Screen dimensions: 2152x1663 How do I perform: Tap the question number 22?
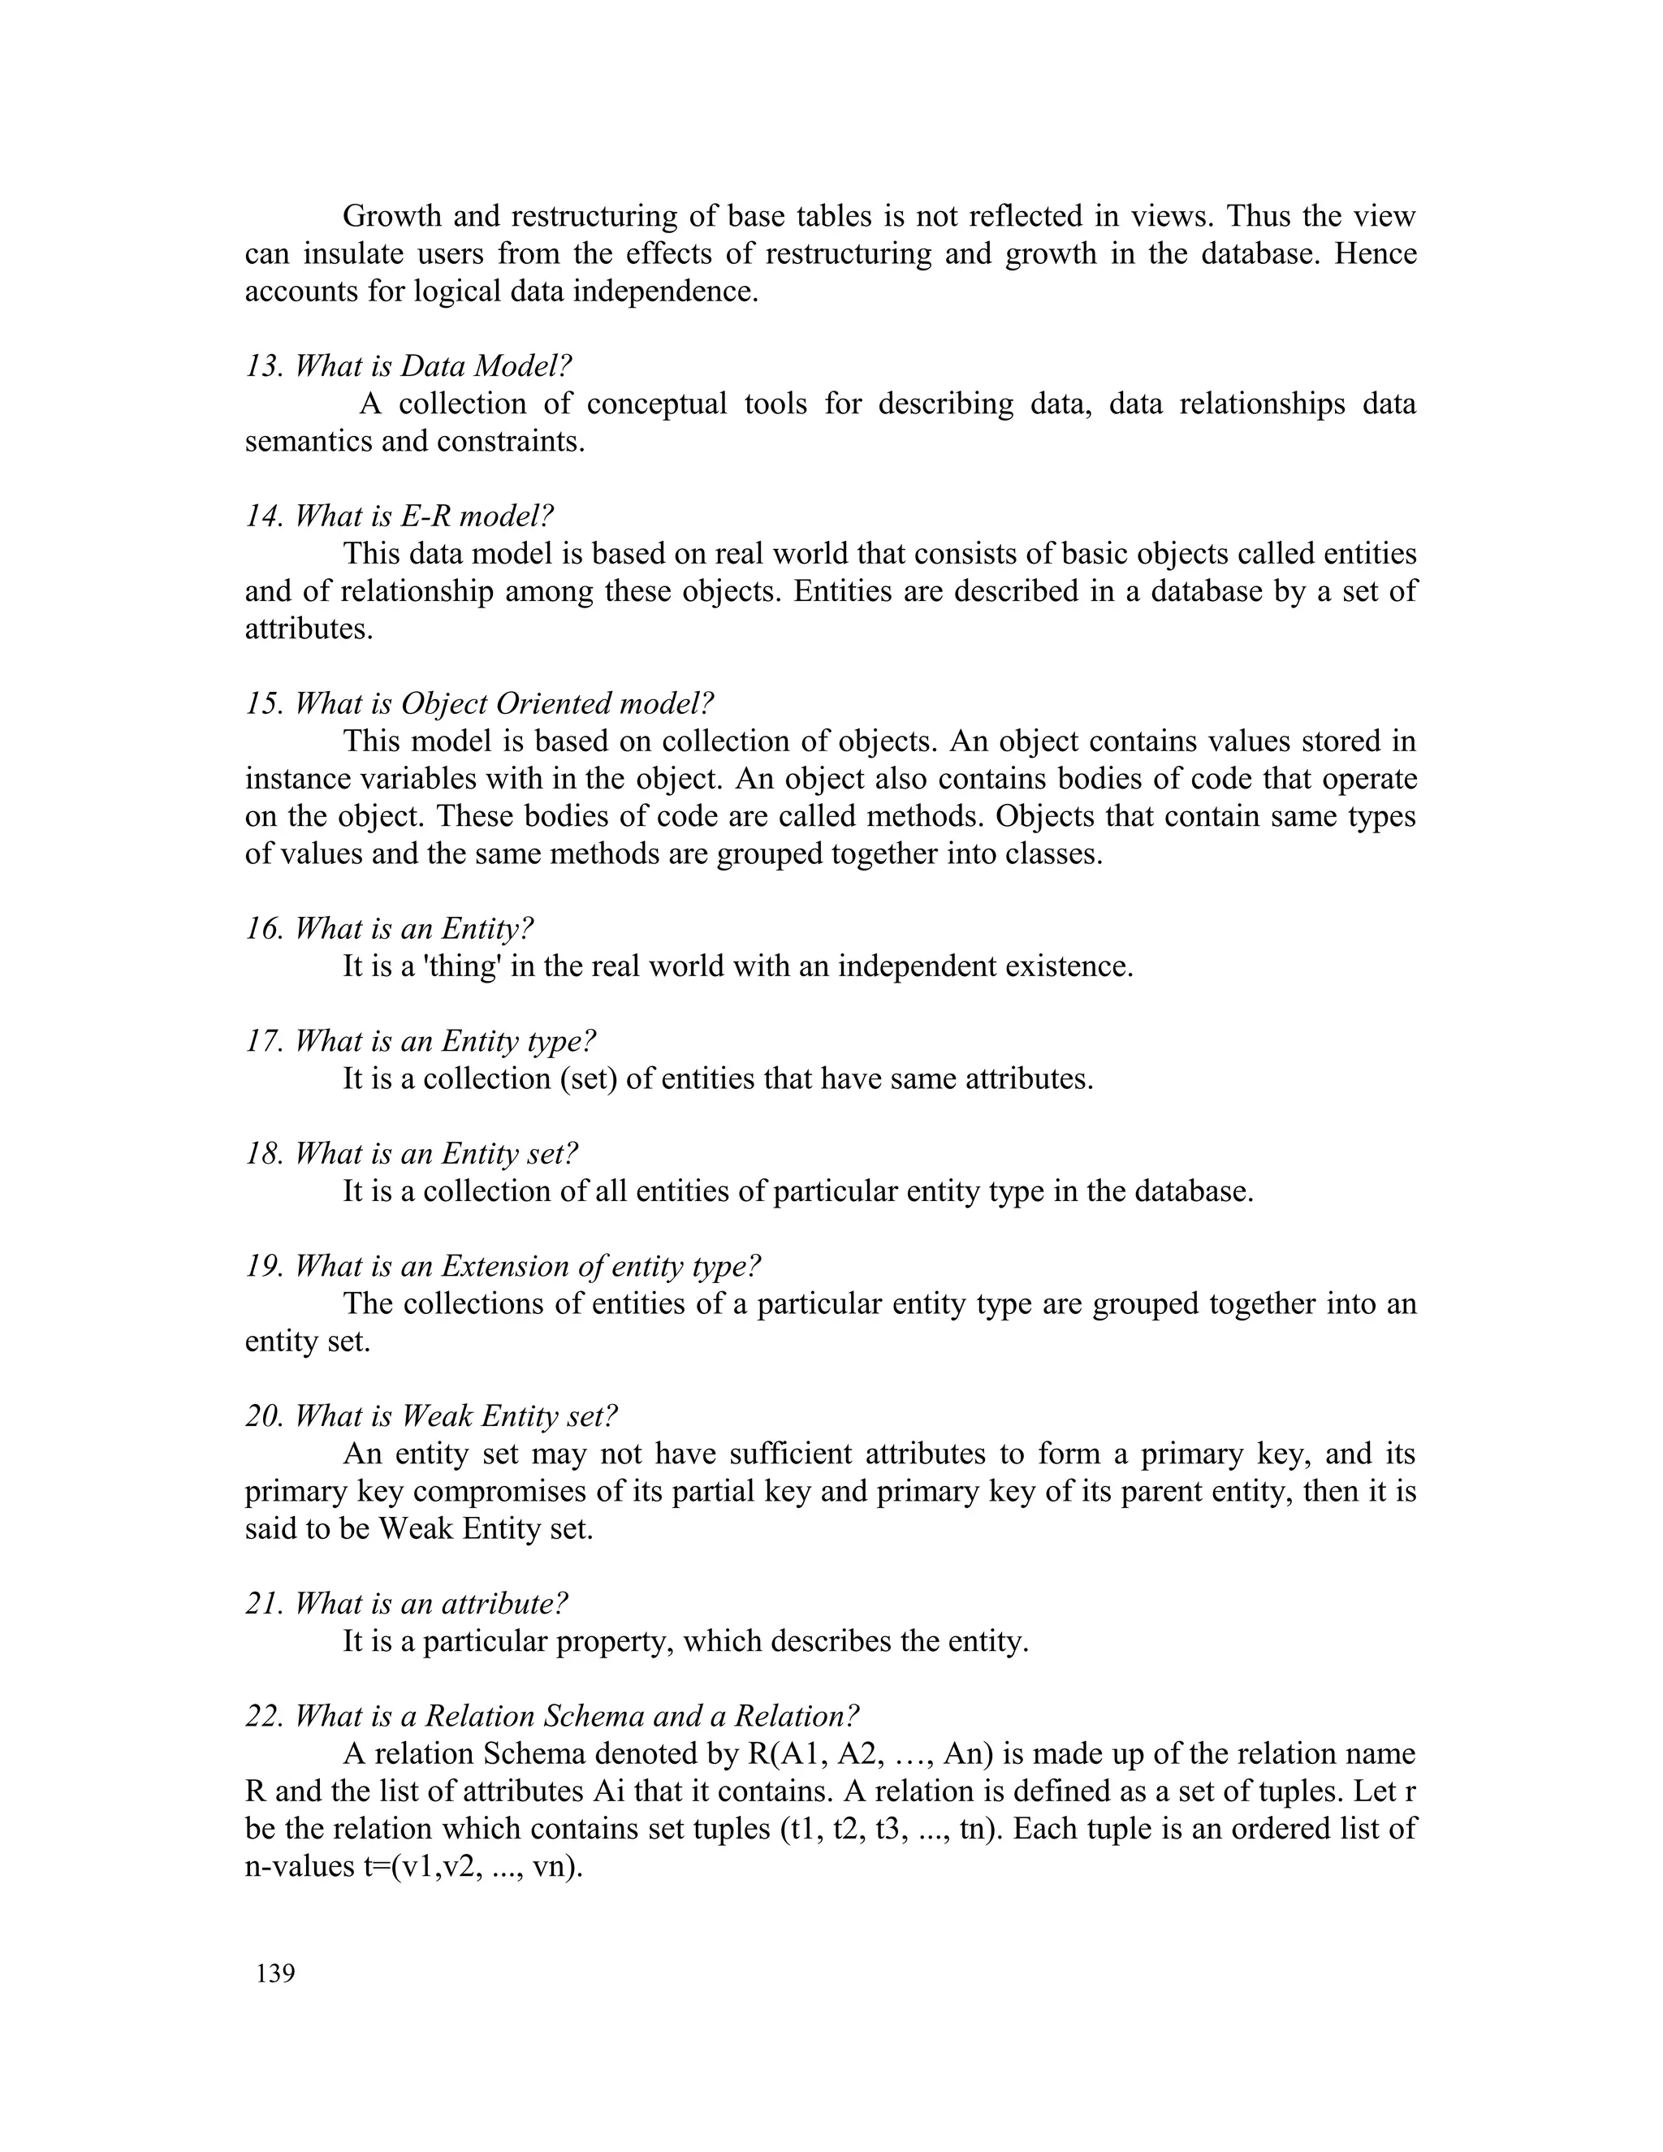pos(264,1717)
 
